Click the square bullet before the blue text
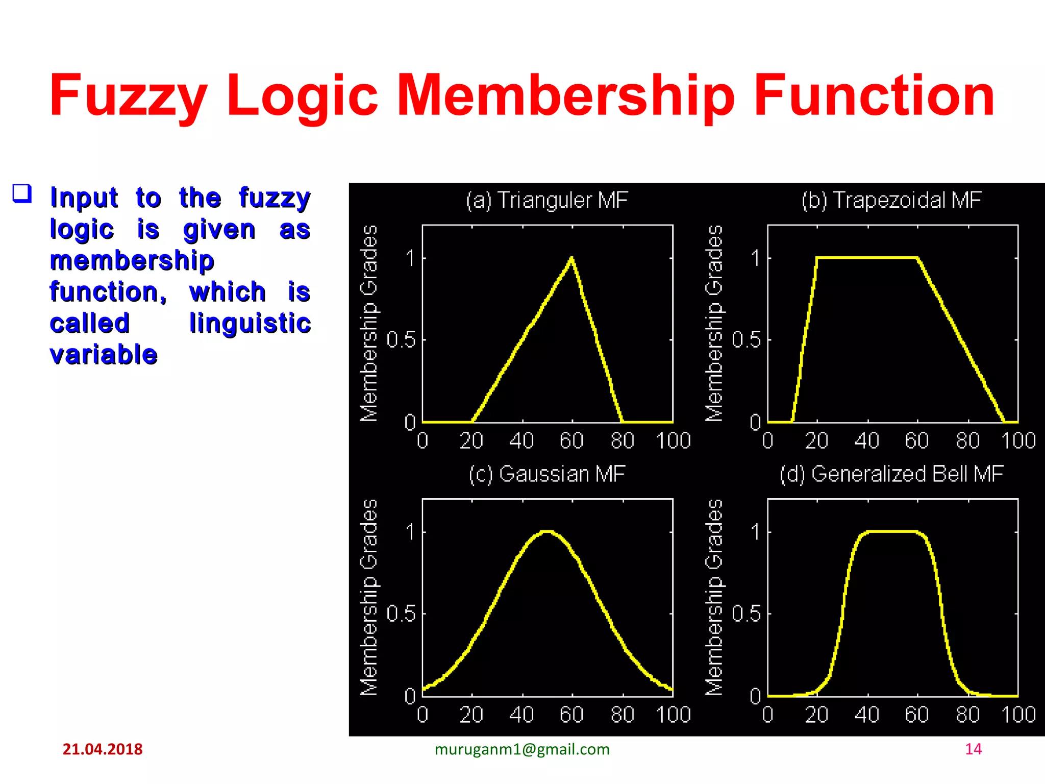click(22, 194)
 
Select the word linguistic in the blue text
click(250, 323)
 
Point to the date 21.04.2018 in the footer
click(103, 749)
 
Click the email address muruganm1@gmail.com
click(522, 749)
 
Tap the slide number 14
click(973, 749)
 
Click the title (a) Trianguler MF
click(546, 200)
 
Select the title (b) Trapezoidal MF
click(891, 200)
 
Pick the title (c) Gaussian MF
click(546, 474)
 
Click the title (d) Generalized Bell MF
click(891, 474)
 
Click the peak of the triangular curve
click(571, 258)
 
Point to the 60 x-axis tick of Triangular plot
click(571, 440)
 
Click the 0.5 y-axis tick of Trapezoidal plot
click(746, 339)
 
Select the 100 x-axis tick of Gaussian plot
click(673, 715)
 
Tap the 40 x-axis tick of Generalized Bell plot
click(867, 715)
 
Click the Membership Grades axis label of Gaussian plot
click(369, 597)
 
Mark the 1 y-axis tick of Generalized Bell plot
click(756, 532)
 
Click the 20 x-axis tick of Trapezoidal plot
click(816, 440)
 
